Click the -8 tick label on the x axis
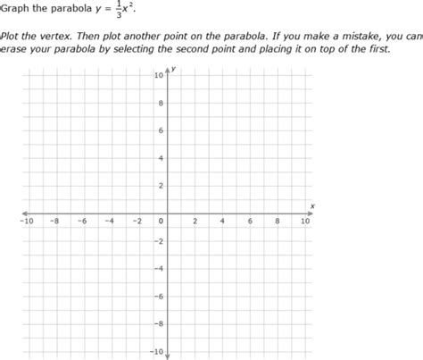pyautogui.click(x=54, y=221)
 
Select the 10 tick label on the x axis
pyautogui.click(x=305, y=221)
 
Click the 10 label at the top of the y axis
pyautogui.click(x=159, y=75)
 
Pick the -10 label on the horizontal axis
pyautogui.click(x=26, y=221)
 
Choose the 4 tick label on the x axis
pyautogui.click(x=222, y=221)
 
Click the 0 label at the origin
pyautogui.click(x=162, y=221)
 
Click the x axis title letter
pyautogui.click(x=312, y=205)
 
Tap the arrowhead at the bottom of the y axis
pyautogui.click(x=168, y=356)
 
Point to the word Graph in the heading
pyautogui.click(x=18, y=10)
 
